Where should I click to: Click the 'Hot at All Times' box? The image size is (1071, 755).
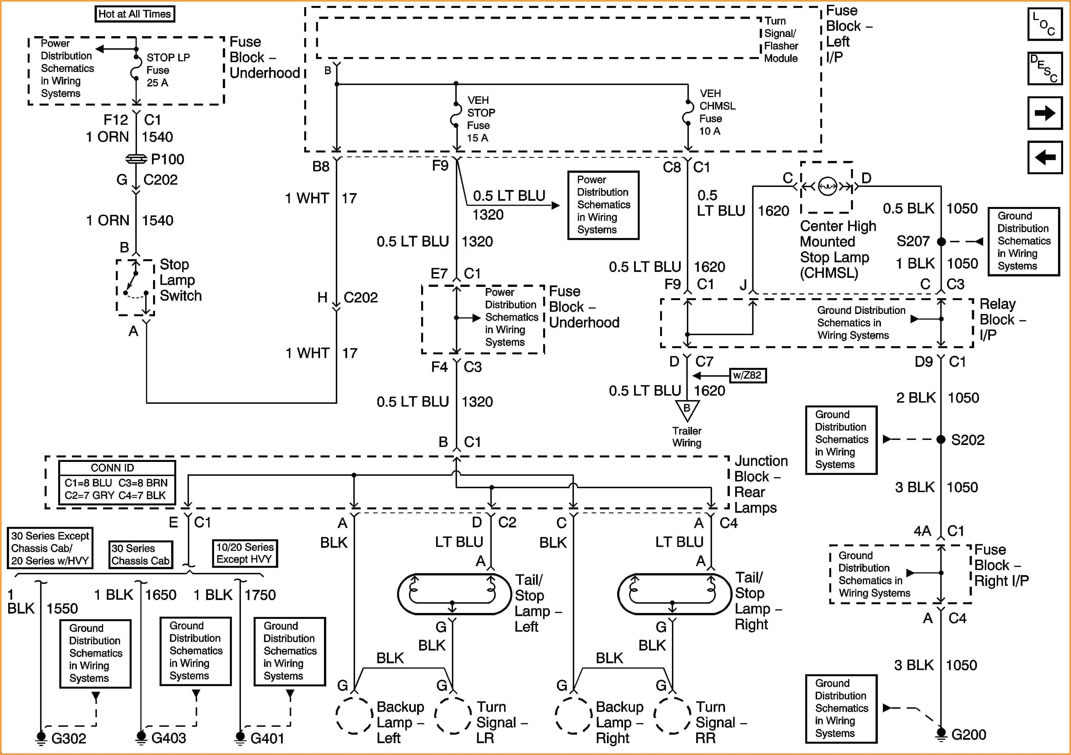tap(135, 14)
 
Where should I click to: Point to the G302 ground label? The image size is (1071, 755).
tap(69, 739)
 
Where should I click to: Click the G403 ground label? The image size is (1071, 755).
tap(168, 738)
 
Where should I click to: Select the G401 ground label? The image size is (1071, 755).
tap(267, 739)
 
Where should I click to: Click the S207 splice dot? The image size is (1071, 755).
tap(941, 242)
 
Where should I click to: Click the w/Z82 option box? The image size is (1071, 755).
tap(747, 376)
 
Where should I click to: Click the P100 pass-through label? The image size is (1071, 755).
tap(167, 160)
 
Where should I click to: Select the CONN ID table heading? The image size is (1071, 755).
tap(112, 468)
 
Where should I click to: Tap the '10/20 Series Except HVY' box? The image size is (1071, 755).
tap(245, 553)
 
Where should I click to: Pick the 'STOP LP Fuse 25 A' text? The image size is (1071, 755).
tap(168, 70)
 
